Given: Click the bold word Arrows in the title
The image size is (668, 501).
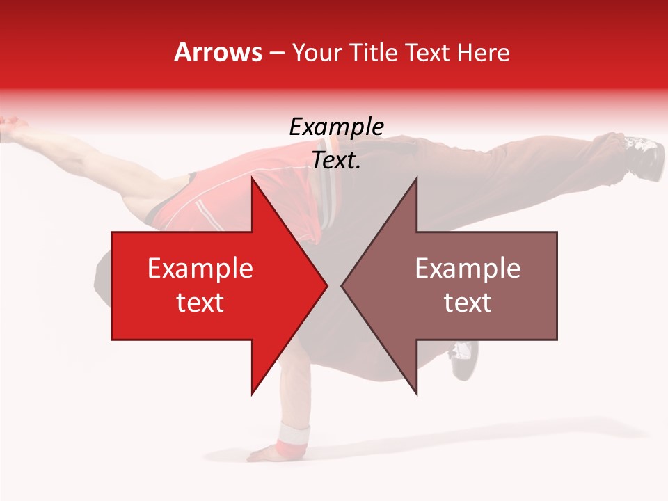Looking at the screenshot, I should tap(218, 53).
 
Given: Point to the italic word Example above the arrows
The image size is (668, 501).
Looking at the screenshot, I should tap(336, 127).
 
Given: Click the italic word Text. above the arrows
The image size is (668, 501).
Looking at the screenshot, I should tap(336, 161).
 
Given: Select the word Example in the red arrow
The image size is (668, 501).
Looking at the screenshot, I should tap(200, 269).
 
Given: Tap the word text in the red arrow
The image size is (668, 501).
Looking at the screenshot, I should tap(200, 303).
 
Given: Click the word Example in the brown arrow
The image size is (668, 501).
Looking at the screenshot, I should tap(468, 269).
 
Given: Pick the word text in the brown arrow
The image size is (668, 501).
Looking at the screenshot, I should tap(468, 303).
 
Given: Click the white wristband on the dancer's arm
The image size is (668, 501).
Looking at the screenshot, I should tap(293, 436).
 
